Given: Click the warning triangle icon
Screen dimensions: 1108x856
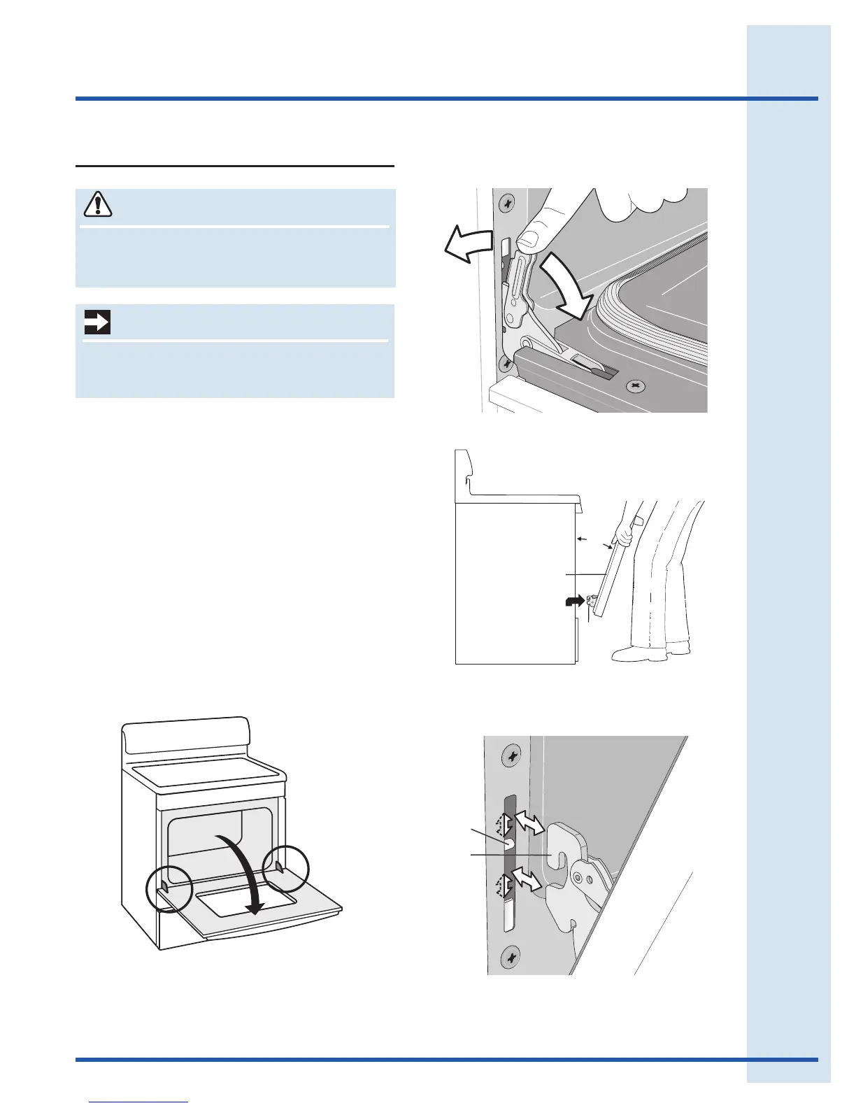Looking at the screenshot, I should pyautogui.click(x=98, y=204).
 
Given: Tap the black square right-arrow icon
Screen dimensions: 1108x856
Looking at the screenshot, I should pyautogui.click(x=97, y=322).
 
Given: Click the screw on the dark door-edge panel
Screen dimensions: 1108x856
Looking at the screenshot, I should pyautogui.click(x=636, y=385).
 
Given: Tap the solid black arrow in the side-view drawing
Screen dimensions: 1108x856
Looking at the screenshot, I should pyautogui.click(x=574, y=602).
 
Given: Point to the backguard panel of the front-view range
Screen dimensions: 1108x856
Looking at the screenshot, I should pyautogui.click(x=185, y=738).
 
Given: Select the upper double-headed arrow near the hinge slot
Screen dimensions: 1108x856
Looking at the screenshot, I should pyautogui.click(x=529, y=825).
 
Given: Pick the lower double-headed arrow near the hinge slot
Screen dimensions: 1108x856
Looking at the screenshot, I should pyautogui.click(x=527, y=879).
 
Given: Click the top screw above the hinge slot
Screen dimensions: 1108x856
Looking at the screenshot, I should pyautogui.click(x=511, y=756).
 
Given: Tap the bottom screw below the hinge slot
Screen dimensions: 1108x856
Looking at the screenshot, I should pyautogui.click(x=512, y=956).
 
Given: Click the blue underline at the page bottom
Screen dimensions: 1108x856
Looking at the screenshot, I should pyautogui.click(x=139, y=1102).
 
